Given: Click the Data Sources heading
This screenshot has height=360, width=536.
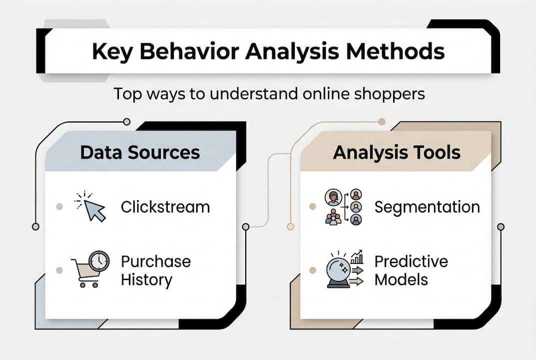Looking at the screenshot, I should pos(140,152).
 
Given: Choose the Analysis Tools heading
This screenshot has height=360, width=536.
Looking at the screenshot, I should pos(397,152).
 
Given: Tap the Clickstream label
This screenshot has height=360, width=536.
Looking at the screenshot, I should pos(165,206).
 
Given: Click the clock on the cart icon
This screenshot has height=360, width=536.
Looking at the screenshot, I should pos(100,260).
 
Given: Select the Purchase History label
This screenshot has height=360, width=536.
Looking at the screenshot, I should pos(155,270).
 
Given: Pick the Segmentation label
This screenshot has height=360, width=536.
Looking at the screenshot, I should pos(427,206).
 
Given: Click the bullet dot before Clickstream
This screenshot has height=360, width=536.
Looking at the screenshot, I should pos(59,206).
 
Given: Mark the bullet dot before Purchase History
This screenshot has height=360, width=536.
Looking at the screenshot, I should pos(59,270).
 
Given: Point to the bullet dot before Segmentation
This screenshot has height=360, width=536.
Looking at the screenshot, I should pos(313,206).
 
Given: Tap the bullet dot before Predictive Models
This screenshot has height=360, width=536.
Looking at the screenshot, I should pos(313,270).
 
